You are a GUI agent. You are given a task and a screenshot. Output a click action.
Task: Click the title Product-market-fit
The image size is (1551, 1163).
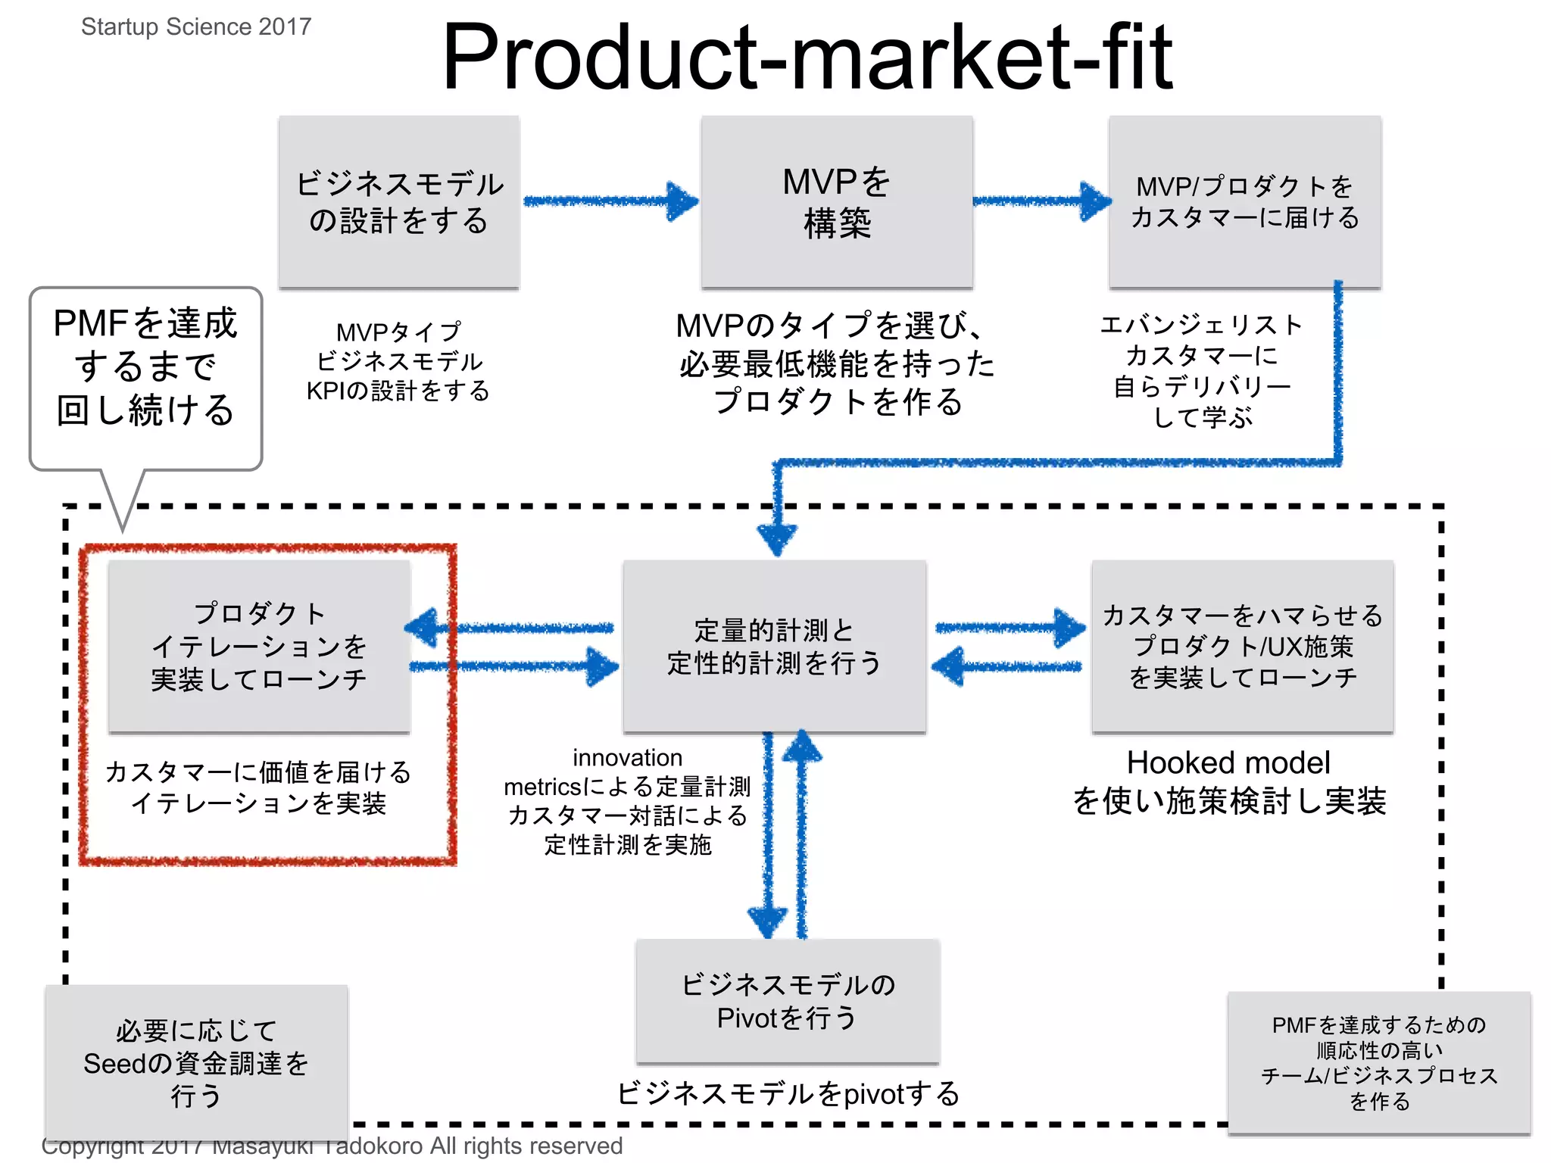pyautogui.click(x=807, y=57)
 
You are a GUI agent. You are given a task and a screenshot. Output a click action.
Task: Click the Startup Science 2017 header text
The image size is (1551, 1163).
pyautogui.click(x=196, y=27)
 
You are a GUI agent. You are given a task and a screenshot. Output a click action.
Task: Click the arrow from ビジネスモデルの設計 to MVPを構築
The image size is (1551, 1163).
pyautogui.click(x=610, y=201)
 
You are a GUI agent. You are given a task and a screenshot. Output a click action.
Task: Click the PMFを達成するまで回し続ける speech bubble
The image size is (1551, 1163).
pyautogui.click(x=145, y=367)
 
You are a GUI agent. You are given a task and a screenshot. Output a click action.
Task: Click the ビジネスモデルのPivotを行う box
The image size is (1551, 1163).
pyautogui.click(x=788, y=1001)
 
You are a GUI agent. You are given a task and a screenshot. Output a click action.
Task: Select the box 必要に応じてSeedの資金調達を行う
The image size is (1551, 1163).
pyautogui.click(x=196, y=1062)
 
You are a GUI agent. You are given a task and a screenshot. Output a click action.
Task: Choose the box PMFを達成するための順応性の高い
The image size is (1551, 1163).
pyautogui.click(x=1379, y=1062)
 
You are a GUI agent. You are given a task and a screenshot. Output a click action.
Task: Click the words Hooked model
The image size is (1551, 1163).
pyautogui.click(x=1228, y=763)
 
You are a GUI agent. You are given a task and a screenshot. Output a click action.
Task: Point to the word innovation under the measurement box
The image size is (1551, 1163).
pyautogui.click(x=627, y=758)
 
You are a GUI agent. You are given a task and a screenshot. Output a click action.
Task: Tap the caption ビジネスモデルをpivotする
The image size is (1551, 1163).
pyautogui.click(x=788, y=1094)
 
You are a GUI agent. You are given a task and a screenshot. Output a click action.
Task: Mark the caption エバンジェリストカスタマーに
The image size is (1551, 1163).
pyautogui.click(x=1202, y=340)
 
